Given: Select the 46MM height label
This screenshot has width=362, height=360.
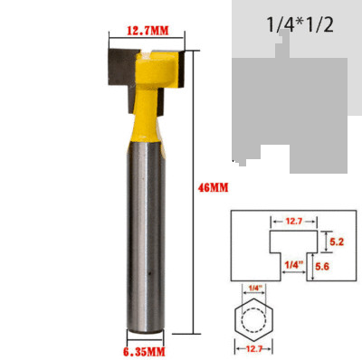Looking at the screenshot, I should (x=211, y=187).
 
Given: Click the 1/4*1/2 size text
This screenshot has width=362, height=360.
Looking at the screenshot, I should (x=300, y=24).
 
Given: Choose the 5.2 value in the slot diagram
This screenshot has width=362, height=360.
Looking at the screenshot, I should (x=336, y=242).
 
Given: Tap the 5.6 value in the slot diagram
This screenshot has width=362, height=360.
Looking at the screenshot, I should (x=336, y=267).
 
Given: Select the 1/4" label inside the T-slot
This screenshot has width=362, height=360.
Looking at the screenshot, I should (x=291, y=263).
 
